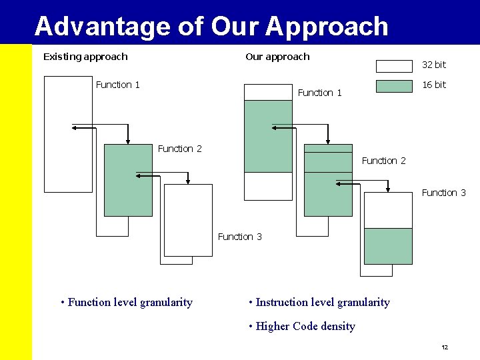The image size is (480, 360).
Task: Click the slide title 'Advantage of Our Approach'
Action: [211, 26]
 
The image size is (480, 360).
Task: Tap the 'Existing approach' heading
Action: [85, 57]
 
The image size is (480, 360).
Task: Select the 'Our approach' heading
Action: [277, 57]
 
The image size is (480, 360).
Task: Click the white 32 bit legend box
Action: [394, 66]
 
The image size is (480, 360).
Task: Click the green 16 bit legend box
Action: [394, 86]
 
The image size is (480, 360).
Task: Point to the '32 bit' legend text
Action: [434, 65]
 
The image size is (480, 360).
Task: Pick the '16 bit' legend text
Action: [434, 85]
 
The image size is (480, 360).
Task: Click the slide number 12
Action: [445, 348]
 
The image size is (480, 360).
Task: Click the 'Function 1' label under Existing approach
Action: [118, 85]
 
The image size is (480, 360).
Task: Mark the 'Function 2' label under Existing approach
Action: [180, 149]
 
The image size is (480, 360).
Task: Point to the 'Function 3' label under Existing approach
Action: [240, 237]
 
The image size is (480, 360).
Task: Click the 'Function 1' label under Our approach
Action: [320, 93]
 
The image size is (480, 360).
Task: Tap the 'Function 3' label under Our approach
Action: [444, 193]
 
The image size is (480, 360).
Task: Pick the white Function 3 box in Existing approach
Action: [188, 220]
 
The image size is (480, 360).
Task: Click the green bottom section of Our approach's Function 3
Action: [388, 246]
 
